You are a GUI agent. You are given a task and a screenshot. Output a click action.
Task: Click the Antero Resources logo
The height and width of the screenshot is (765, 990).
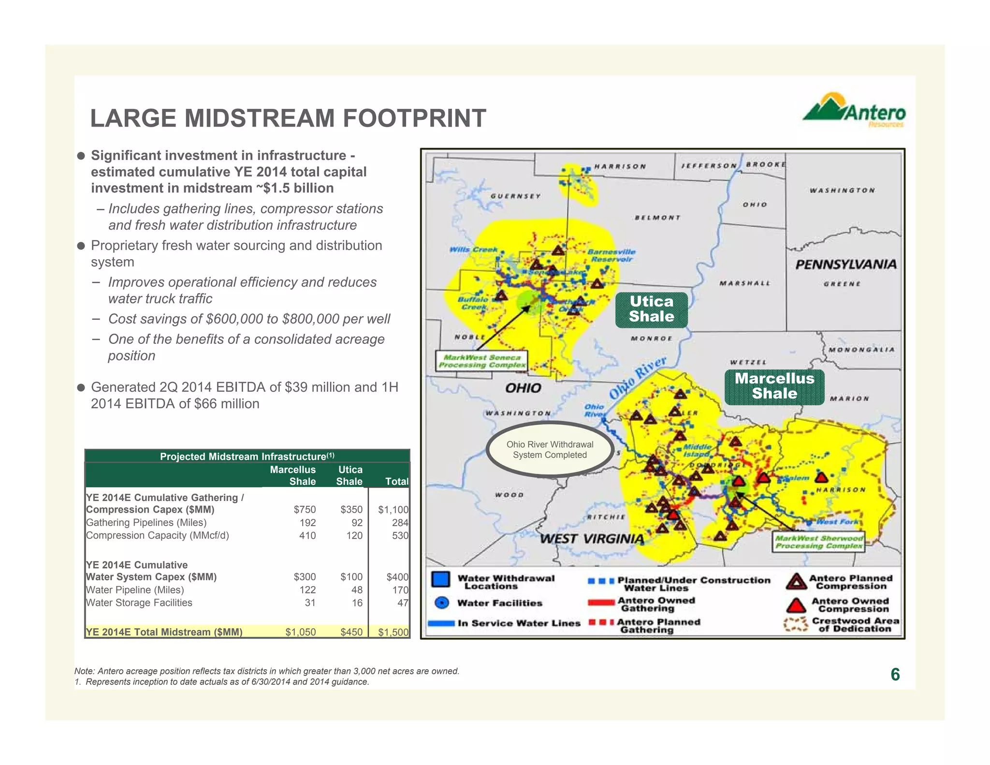[854, 111]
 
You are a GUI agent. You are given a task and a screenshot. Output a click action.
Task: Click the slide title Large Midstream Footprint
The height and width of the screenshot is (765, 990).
[288, 118]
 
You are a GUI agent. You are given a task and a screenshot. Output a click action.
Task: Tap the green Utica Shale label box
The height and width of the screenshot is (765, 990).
[651, 309]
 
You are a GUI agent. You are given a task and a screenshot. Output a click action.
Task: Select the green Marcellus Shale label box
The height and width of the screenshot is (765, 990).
[774, 386]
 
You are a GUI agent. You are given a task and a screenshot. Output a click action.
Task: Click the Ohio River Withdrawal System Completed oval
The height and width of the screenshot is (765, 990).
[550, 450]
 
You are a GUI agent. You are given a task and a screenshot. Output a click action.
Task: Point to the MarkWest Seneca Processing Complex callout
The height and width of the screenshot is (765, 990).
[481, 361]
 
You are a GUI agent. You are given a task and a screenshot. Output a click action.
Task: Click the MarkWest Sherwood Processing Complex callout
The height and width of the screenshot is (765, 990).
[819, 542]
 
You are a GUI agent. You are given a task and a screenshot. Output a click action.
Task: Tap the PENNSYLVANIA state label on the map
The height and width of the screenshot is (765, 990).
[845, 265]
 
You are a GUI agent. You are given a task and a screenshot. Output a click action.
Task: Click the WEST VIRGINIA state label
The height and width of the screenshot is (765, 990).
[591, 539]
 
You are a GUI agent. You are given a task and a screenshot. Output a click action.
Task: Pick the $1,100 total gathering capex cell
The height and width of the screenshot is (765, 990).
[393, 510]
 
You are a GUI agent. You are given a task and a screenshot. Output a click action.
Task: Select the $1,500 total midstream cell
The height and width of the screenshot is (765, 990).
[393, 632]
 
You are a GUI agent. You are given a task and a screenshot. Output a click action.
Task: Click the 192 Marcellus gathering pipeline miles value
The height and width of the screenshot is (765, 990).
[307, 523]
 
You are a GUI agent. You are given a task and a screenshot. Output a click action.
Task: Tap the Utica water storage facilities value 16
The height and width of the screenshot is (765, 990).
[357, 603]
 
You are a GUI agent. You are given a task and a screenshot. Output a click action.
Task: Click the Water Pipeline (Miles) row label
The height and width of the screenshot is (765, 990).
[135, 590]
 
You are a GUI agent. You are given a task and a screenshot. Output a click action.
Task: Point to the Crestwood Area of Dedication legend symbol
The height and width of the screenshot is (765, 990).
[795, 624]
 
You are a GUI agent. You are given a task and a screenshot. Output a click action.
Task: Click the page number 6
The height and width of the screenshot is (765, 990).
[895, 675]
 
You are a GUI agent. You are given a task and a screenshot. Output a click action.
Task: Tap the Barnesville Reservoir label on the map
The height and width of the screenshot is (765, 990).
[611, 256]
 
